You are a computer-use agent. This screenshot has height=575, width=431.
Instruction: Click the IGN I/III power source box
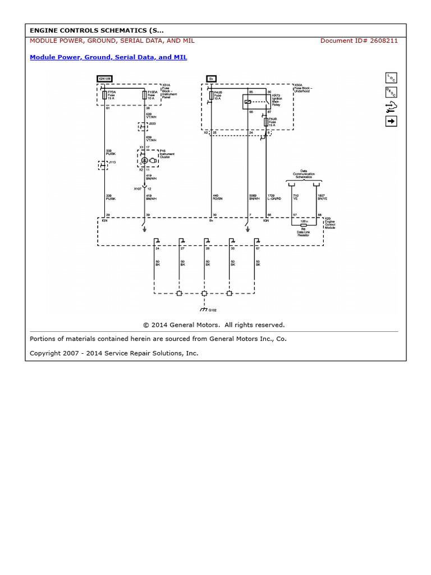(x=104, y=79)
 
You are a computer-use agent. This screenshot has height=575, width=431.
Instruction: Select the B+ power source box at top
(x=211, y=79)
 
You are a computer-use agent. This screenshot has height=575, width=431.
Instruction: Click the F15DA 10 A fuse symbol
(x=144, y=95)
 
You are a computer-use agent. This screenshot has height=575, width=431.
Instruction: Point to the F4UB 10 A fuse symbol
(x=211, y=96)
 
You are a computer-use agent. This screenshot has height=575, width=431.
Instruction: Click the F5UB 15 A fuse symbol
(x=266, y=121)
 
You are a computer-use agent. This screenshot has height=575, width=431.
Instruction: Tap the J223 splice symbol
(x=144, y=127)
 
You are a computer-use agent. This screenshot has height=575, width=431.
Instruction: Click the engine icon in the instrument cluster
(x=144, y=160)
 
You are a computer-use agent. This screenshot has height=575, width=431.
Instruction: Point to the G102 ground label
(x=213, y=310)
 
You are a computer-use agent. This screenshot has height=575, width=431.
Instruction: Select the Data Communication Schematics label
(x=304, y=174)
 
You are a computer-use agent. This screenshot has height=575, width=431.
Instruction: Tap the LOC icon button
(x=391, y=78)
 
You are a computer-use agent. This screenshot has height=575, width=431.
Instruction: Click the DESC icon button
(x=391, y=92)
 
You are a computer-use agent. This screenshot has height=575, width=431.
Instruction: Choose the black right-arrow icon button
(x=391, y=121)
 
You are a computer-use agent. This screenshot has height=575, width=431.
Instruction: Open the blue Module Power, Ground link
(x=108, y=57)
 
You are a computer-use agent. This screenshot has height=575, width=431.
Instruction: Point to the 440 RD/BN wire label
(x=216, y=197)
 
